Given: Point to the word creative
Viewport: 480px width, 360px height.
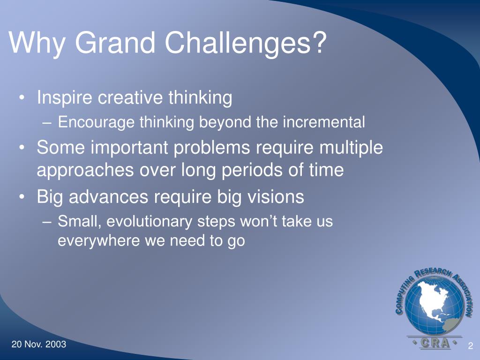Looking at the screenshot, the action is click(x=130, y=97).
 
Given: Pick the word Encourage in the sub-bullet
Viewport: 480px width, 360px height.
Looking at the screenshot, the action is click(x=96, y=122).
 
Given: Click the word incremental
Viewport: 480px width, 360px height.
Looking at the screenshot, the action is click(x=324, y=122).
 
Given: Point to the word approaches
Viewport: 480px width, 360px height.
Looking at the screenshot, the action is click(x=85, y=171).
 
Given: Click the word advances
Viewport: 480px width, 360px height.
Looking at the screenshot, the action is click(x=109, y=197).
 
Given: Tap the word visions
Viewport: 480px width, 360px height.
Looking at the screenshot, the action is click(x=276, y=197).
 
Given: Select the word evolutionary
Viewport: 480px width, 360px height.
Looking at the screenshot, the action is click(x=149, y=222).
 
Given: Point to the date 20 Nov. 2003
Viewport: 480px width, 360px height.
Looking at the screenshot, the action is click(x=39, y=344).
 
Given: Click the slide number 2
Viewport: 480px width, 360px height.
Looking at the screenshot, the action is click(x=471, y=346).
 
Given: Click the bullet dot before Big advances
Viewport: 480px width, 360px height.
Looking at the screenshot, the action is click(x=22, y=197).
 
